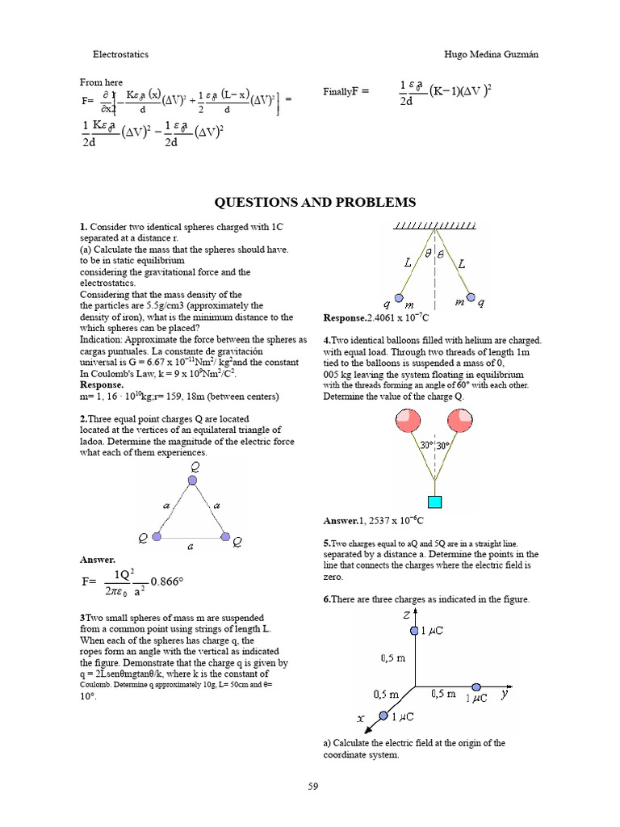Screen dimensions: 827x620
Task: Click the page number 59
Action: (314, 786)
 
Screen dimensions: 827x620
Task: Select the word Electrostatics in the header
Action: (120, 54)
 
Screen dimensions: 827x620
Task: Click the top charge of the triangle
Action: (192, 481)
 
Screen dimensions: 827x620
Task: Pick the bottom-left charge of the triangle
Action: (157, 536)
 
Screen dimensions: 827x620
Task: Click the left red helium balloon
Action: (406, 422)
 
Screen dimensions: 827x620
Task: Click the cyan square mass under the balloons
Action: (435, 502)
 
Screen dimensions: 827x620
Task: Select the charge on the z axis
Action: (415, 630)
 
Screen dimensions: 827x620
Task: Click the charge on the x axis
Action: (383, 715)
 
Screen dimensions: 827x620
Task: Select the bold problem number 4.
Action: (325, 340)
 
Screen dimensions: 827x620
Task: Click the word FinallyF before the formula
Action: (345, 91)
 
